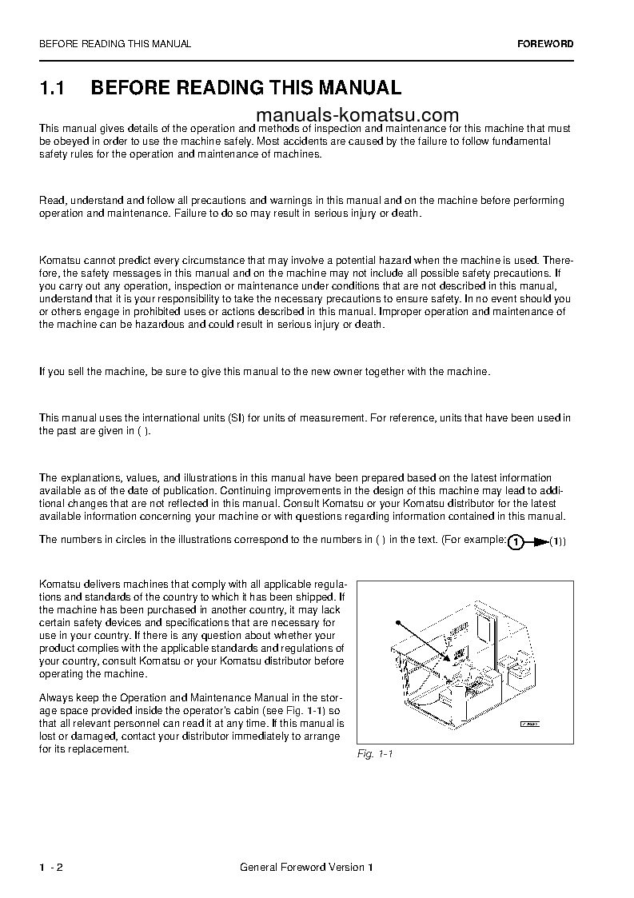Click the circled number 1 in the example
pos(516,543)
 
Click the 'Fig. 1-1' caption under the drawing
pos(375,754)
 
